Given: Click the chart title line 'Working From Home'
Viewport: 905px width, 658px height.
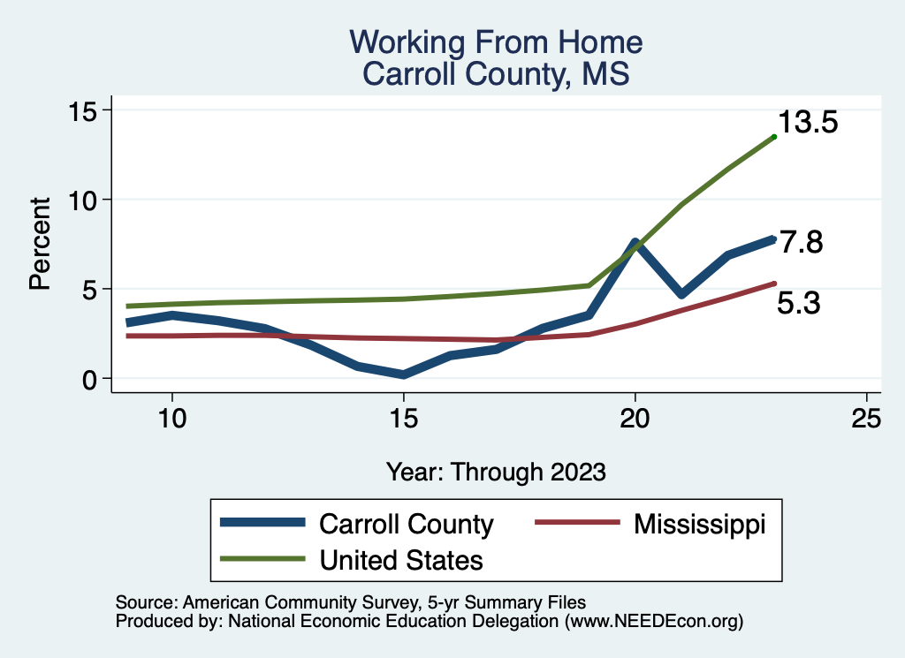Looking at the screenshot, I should tap(496, 42).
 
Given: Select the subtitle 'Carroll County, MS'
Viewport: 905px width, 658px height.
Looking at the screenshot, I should tap(496, 73).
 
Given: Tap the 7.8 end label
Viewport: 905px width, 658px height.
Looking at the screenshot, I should tap(800, 242).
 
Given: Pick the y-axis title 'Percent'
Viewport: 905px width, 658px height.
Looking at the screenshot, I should tap(40, 244).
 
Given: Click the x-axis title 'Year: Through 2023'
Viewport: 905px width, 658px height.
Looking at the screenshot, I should tap(496, 472).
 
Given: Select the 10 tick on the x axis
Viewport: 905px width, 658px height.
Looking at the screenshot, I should tap(171, 419).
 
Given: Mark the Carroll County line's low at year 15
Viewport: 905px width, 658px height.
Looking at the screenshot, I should tap(403, 374).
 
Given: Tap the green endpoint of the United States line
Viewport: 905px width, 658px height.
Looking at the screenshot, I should tap(774, 136).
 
